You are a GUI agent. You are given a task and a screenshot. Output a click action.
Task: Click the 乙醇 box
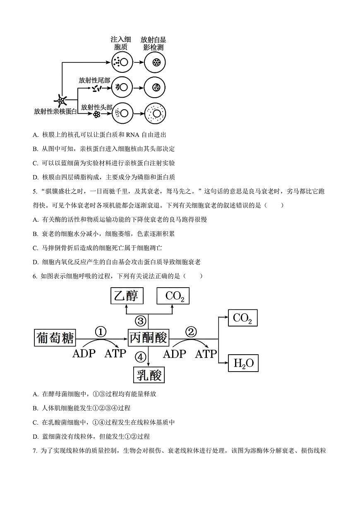point(127,296)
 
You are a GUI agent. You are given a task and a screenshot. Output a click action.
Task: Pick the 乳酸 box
point(148,376)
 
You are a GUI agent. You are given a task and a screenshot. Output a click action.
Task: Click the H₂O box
point(243,363)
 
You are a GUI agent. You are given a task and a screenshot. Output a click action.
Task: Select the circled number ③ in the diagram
point(141,320)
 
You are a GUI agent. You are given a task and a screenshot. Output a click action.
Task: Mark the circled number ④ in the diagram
point(141,356)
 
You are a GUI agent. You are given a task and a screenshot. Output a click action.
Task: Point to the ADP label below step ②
point(175,354)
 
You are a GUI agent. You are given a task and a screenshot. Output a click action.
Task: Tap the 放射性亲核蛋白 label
point(55,111)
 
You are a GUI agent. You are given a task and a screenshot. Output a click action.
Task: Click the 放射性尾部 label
point(94,80)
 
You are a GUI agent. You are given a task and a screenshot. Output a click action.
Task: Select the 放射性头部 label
point(96,107)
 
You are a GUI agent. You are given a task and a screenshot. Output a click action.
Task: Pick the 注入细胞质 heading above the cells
point(121,43)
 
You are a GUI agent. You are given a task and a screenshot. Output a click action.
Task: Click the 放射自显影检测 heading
point(153,43)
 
